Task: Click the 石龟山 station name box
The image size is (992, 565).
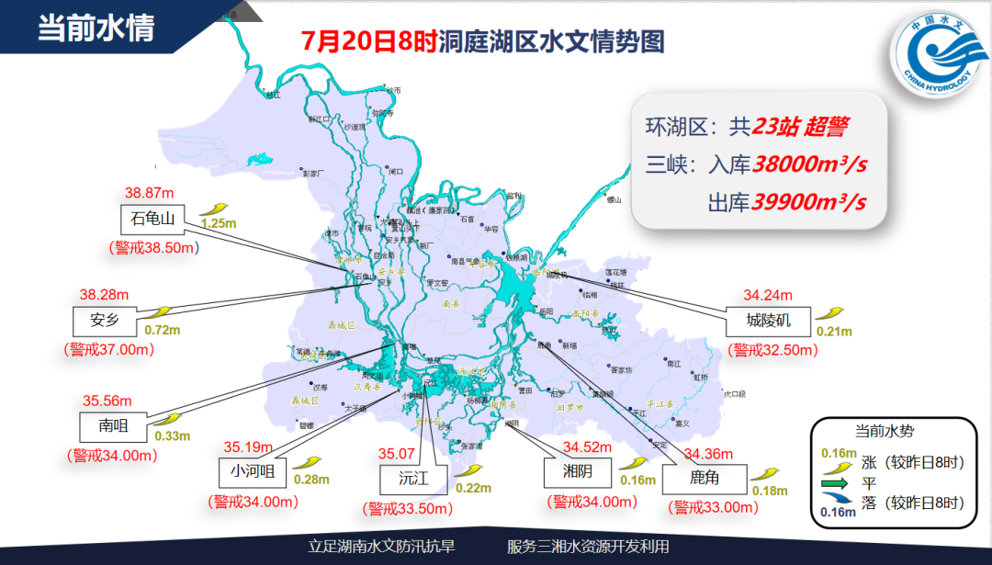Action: click(152, 218)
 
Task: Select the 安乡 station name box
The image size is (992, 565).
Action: click(106, 320)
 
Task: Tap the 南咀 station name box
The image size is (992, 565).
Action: click(115, 425)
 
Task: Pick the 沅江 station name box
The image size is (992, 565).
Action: click(412, 479)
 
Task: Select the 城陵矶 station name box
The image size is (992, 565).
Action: click(769, 320)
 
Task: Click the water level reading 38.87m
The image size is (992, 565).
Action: click(150, 193)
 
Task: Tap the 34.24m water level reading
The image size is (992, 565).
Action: click(768, 296)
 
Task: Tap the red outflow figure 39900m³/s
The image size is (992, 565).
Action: click(808, 201)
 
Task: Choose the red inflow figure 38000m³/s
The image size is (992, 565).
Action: click(810, 164)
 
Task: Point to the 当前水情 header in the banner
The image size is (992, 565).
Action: click(96, 27)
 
